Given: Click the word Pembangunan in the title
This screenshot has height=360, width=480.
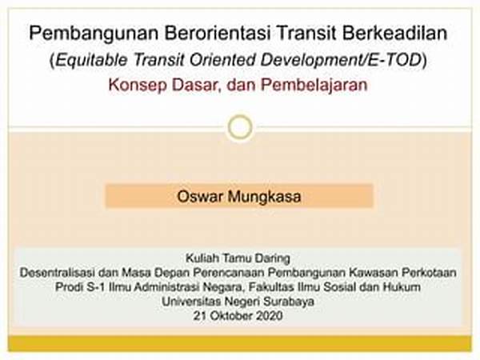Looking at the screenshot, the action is pos(94,34).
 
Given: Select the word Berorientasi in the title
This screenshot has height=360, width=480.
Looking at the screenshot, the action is pos(218,33).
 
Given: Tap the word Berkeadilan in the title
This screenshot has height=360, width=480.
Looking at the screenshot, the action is pos(395,33).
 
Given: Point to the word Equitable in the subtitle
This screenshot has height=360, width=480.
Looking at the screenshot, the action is pos(91,60).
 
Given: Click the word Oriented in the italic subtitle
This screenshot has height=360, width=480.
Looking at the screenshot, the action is pos(222,59).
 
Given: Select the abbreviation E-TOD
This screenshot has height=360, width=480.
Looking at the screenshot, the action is pos(394,59).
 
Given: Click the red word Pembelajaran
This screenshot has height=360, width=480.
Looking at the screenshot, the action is pos(314,85).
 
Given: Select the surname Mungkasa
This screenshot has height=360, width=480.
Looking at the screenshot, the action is pos(264,197).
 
